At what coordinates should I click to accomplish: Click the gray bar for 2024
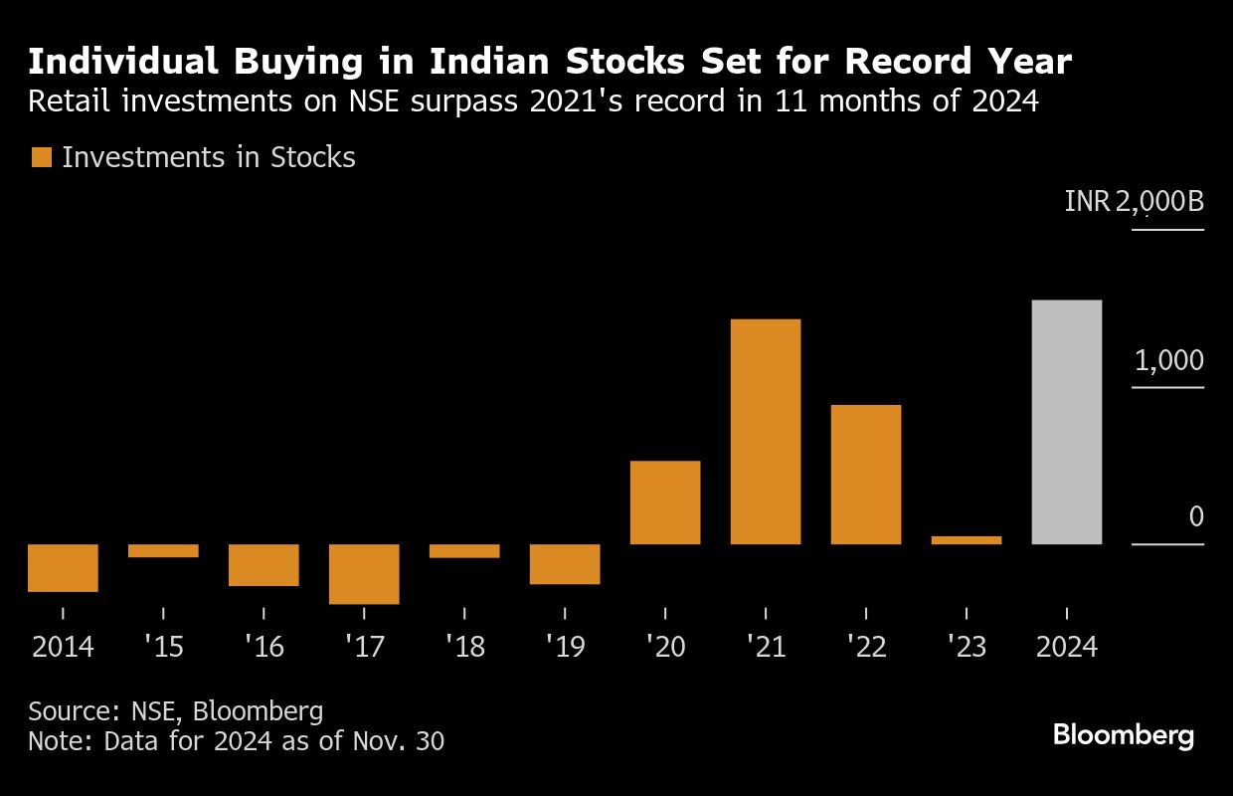click(x=1067, y=422)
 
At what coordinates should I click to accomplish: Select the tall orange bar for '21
click(x=766, y=431)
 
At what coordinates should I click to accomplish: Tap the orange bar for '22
click(x=866, y=474)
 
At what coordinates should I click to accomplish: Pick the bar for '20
click(x=665, y=501)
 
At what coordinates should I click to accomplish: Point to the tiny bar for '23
click(x=967, y=540)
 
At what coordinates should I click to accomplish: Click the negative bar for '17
click(x=364, y=574)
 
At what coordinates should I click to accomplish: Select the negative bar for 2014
click(x=63, y=568)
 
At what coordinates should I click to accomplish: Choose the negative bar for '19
click(x=565, y=564)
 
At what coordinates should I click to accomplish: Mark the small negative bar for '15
click(x=163, y=550)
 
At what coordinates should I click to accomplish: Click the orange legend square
click(x=41, y=157)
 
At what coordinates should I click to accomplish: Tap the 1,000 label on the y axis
click(x=1168, y=360)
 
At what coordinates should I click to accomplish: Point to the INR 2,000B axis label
click(x=1134, y=202)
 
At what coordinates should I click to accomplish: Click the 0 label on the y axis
click(x=1196, y=517)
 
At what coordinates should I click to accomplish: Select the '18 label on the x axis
click(x=464, y=647)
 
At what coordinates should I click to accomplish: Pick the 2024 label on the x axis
click(x=1067, y=647)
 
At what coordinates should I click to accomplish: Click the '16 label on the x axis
click(x=264, y=647)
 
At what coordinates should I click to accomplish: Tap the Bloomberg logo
click(x=1124, y=736)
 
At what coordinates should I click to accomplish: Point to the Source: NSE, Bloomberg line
click(x=176, y=711)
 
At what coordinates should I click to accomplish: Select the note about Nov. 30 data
click(x=237, y=741)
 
